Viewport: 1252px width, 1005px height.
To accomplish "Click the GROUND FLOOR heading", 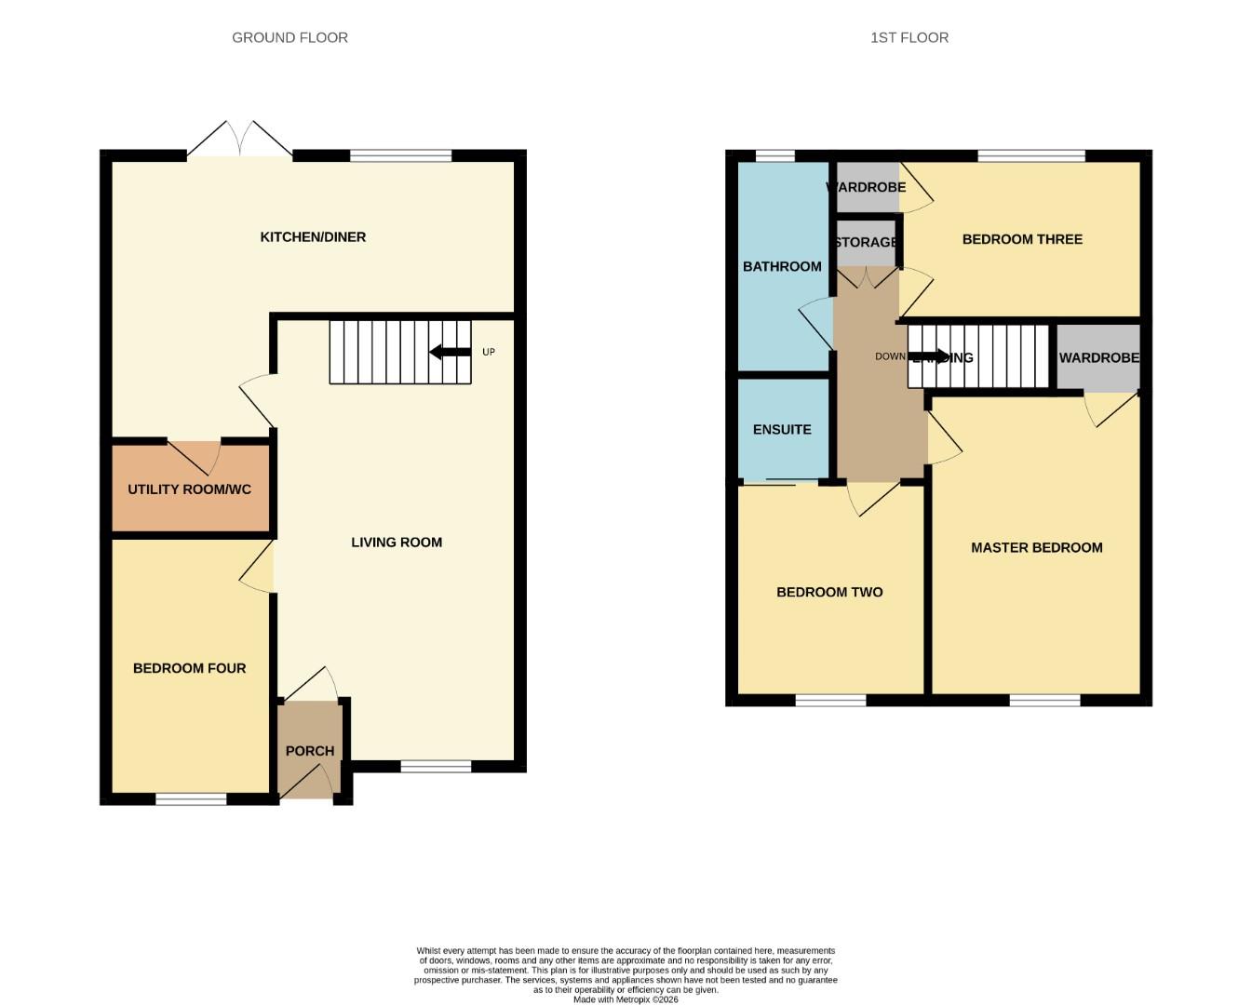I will (x=289, y=38).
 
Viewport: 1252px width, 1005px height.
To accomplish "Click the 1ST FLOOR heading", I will (x=909, y=38).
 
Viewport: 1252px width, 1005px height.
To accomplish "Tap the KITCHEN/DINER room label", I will (x=313, y=237).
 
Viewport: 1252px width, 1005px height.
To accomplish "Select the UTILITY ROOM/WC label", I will (x=189, y=489).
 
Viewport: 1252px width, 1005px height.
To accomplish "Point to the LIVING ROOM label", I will (x=397, y=543).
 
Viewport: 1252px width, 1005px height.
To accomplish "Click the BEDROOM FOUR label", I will (x=189, y=668).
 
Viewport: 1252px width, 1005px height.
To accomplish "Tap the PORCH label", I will (x=309, y=751).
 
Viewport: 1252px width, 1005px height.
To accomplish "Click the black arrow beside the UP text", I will (x=451, y=352).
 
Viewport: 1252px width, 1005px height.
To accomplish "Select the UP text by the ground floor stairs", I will (x=489, y=352).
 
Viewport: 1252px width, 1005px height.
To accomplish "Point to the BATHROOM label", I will (x=782, y=267).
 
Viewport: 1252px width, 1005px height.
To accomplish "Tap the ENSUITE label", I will (x=782, y=430).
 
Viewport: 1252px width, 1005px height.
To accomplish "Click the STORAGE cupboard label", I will (x=866, y=243).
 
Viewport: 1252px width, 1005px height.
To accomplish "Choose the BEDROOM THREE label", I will (x=1022, y=239).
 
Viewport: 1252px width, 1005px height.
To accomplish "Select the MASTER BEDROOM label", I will (x=1036, y=548).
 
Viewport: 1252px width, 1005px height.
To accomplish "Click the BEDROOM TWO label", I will (x=829, y=592).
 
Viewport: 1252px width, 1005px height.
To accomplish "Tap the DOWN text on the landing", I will (x=890, y=356).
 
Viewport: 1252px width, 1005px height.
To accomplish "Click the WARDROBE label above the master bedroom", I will (x=1098, y=358).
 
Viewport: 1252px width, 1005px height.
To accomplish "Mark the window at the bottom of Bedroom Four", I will (x=191, y=798).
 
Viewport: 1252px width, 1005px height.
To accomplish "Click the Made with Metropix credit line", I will (x=626, y=999).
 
